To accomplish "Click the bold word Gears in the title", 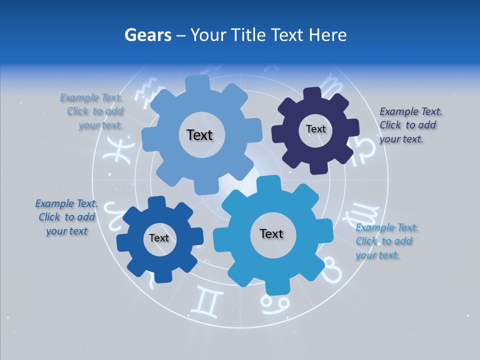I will pos(147,35).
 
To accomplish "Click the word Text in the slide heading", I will pos(287,35).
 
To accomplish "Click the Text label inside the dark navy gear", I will pos(316,129).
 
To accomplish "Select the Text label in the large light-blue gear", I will pos(199,135).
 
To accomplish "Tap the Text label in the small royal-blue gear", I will pos(159,238).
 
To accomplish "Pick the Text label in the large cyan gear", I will pos(271,233).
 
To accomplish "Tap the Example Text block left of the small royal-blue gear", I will pos(66,217).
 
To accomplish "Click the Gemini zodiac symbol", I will pos(209,302).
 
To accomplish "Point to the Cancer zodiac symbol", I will pos(275,302).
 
